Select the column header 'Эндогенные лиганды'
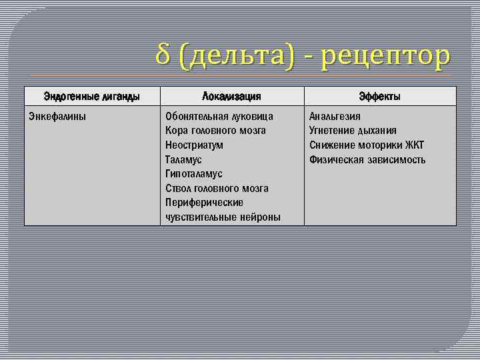(x=92, y=97)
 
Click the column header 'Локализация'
(x=231, y=97)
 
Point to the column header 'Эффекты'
(x=380, y=97)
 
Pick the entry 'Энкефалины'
(x=57, y=116)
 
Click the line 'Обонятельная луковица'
(x=219, y=116)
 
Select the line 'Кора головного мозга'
(x=215, y=131)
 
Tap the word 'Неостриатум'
(x=194, y=145)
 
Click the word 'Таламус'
(x=183, y=160)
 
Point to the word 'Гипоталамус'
(x=193, y=174)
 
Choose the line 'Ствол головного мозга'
(x=217, y=189)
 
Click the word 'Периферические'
(x=204, y=203)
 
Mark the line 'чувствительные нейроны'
(x=223, y=217)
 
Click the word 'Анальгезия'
(x=335, y=116)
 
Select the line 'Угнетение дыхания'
(x=353, y=131)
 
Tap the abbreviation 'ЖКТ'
(x=413, y=145)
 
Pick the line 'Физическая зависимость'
(x=367, y=160)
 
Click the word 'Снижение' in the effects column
(x=331, y=145)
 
